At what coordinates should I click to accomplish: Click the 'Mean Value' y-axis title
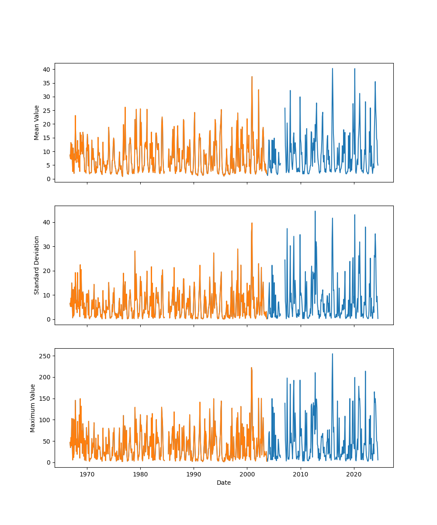click(x=37, y=122)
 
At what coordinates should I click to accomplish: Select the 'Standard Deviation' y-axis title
click(x=37, y=265)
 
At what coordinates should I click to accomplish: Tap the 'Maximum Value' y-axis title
click(x=33, y=408)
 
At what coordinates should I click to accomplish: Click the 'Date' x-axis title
click(x=224, y=483)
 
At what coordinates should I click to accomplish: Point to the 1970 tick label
click(x=87, y=474)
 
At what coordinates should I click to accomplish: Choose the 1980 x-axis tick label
click(x=140, y=474)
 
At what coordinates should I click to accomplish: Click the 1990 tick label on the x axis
click(x=194, y=474)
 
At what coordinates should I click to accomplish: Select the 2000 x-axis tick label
click(x=247, y=474)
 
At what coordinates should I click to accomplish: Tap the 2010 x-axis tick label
click(x=301, y=474)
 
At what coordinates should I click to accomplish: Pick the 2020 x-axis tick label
click(x=354, y=474)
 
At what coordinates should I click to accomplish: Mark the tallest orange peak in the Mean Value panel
click(x=252, y=77)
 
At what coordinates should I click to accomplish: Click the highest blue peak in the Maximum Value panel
click(x=332, y=354)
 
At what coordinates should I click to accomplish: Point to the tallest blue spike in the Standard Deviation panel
click(x=315, y=211)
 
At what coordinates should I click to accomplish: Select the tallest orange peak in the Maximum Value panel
click(x=251, y=368)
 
